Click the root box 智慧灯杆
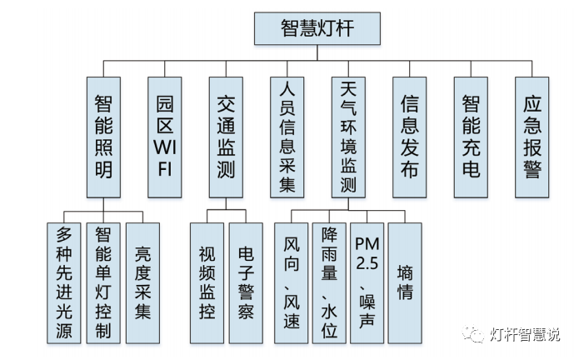[x=317, y=29]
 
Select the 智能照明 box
[x=103, y=137]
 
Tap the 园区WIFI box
[x=164, y=137]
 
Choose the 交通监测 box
[x=226, y=137]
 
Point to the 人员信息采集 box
[x=287, y=137]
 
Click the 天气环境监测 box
[x=348, y=137]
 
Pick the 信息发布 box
[x=409, y=137]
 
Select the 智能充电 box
[x=471, y=137]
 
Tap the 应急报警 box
[x=532, y=137]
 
